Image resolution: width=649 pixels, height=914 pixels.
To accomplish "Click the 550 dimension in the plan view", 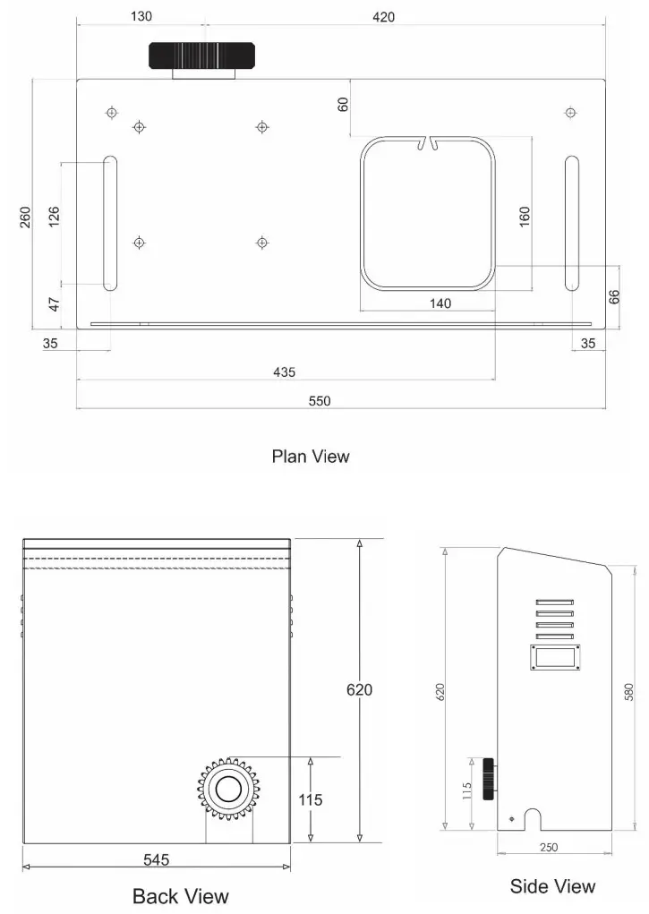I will click(x=320, y=401).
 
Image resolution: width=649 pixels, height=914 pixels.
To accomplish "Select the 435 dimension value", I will click(x=285, y=372).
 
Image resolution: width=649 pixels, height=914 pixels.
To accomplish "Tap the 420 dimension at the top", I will click(x=382, y=17).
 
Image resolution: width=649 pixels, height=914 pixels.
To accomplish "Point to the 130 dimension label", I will click(x=141, y=16).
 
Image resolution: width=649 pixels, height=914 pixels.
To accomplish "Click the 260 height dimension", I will click(x=26, y=218).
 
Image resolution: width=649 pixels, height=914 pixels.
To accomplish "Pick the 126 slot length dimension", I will click(x=54, y=218).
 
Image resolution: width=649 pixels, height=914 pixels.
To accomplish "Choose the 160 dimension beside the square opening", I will click(x=525, y=218).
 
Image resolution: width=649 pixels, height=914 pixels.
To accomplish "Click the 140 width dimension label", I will click(x=440, y=303).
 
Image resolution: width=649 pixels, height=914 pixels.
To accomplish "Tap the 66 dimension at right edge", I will click(x=614, y=297).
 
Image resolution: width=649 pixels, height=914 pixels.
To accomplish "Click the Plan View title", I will click(x=311, y=457).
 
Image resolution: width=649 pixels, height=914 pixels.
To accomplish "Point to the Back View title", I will click(x=180, y=896).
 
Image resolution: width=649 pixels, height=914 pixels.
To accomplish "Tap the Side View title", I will click(x=552, y=886).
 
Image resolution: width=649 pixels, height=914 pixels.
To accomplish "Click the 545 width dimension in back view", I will click(x=157, y=859).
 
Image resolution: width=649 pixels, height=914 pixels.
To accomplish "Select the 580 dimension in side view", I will click(x=629, y=692).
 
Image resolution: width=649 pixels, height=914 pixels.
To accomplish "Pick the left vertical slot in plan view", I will click(x=110, y=224).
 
